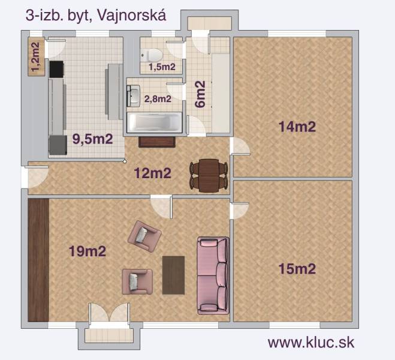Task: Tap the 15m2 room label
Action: pos(297,268)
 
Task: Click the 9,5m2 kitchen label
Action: pos(92,139)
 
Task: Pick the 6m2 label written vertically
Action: pos(200,94)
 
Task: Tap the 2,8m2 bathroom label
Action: pos(157,98)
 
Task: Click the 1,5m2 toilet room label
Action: pos(162,67)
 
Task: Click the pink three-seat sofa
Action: pos(213,275)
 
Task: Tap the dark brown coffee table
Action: pos(173,275)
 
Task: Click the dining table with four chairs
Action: pos(209,175)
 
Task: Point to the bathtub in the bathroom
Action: pos(155,122)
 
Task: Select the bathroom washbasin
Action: pos(134,95)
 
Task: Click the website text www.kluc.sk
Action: pos(310,343)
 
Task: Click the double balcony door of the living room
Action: pos(108,314)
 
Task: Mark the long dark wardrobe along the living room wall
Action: pos(38,259)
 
